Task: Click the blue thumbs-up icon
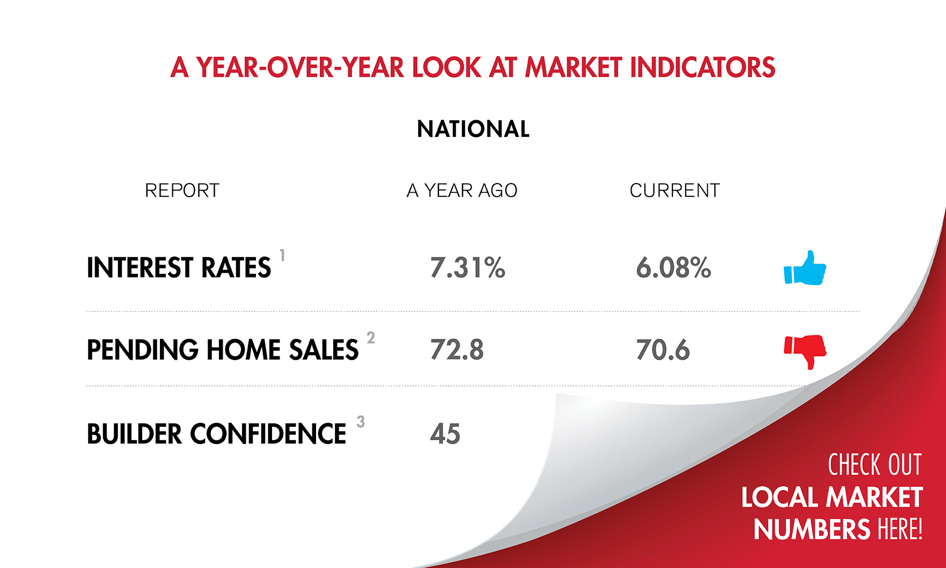[x=805, y=268]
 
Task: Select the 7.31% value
[x=467, y=267]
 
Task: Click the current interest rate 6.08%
[x=673, y=267]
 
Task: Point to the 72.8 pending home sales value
[x=457, y=350]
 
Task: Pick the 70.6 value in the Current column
[x=663, y=350]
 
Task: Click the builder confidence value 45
[x=445, y=434]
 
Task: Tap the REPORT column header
[x=182, y=191]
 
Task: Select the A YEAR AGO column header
[x=461, y=191]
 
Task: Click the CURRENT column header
[x=674, y=191]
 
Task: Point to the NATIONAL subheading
[x=473, y=129]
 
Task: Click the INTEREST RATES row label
[x=179, y=268]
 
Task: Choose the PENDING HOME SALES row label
[x=222, y=350]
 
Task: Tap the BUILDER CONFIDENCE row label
[x=216, y=434]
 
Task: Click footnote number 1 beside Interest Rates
[x=282, y=255]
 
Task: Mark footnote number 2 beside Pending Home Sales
[x=370, y=338]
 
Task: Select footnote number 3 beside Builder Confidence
[x=361, y=422]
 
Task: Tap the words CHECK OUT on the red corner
[x=874, y=465]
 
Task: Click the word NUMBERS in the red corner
[x=811, y=529]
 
